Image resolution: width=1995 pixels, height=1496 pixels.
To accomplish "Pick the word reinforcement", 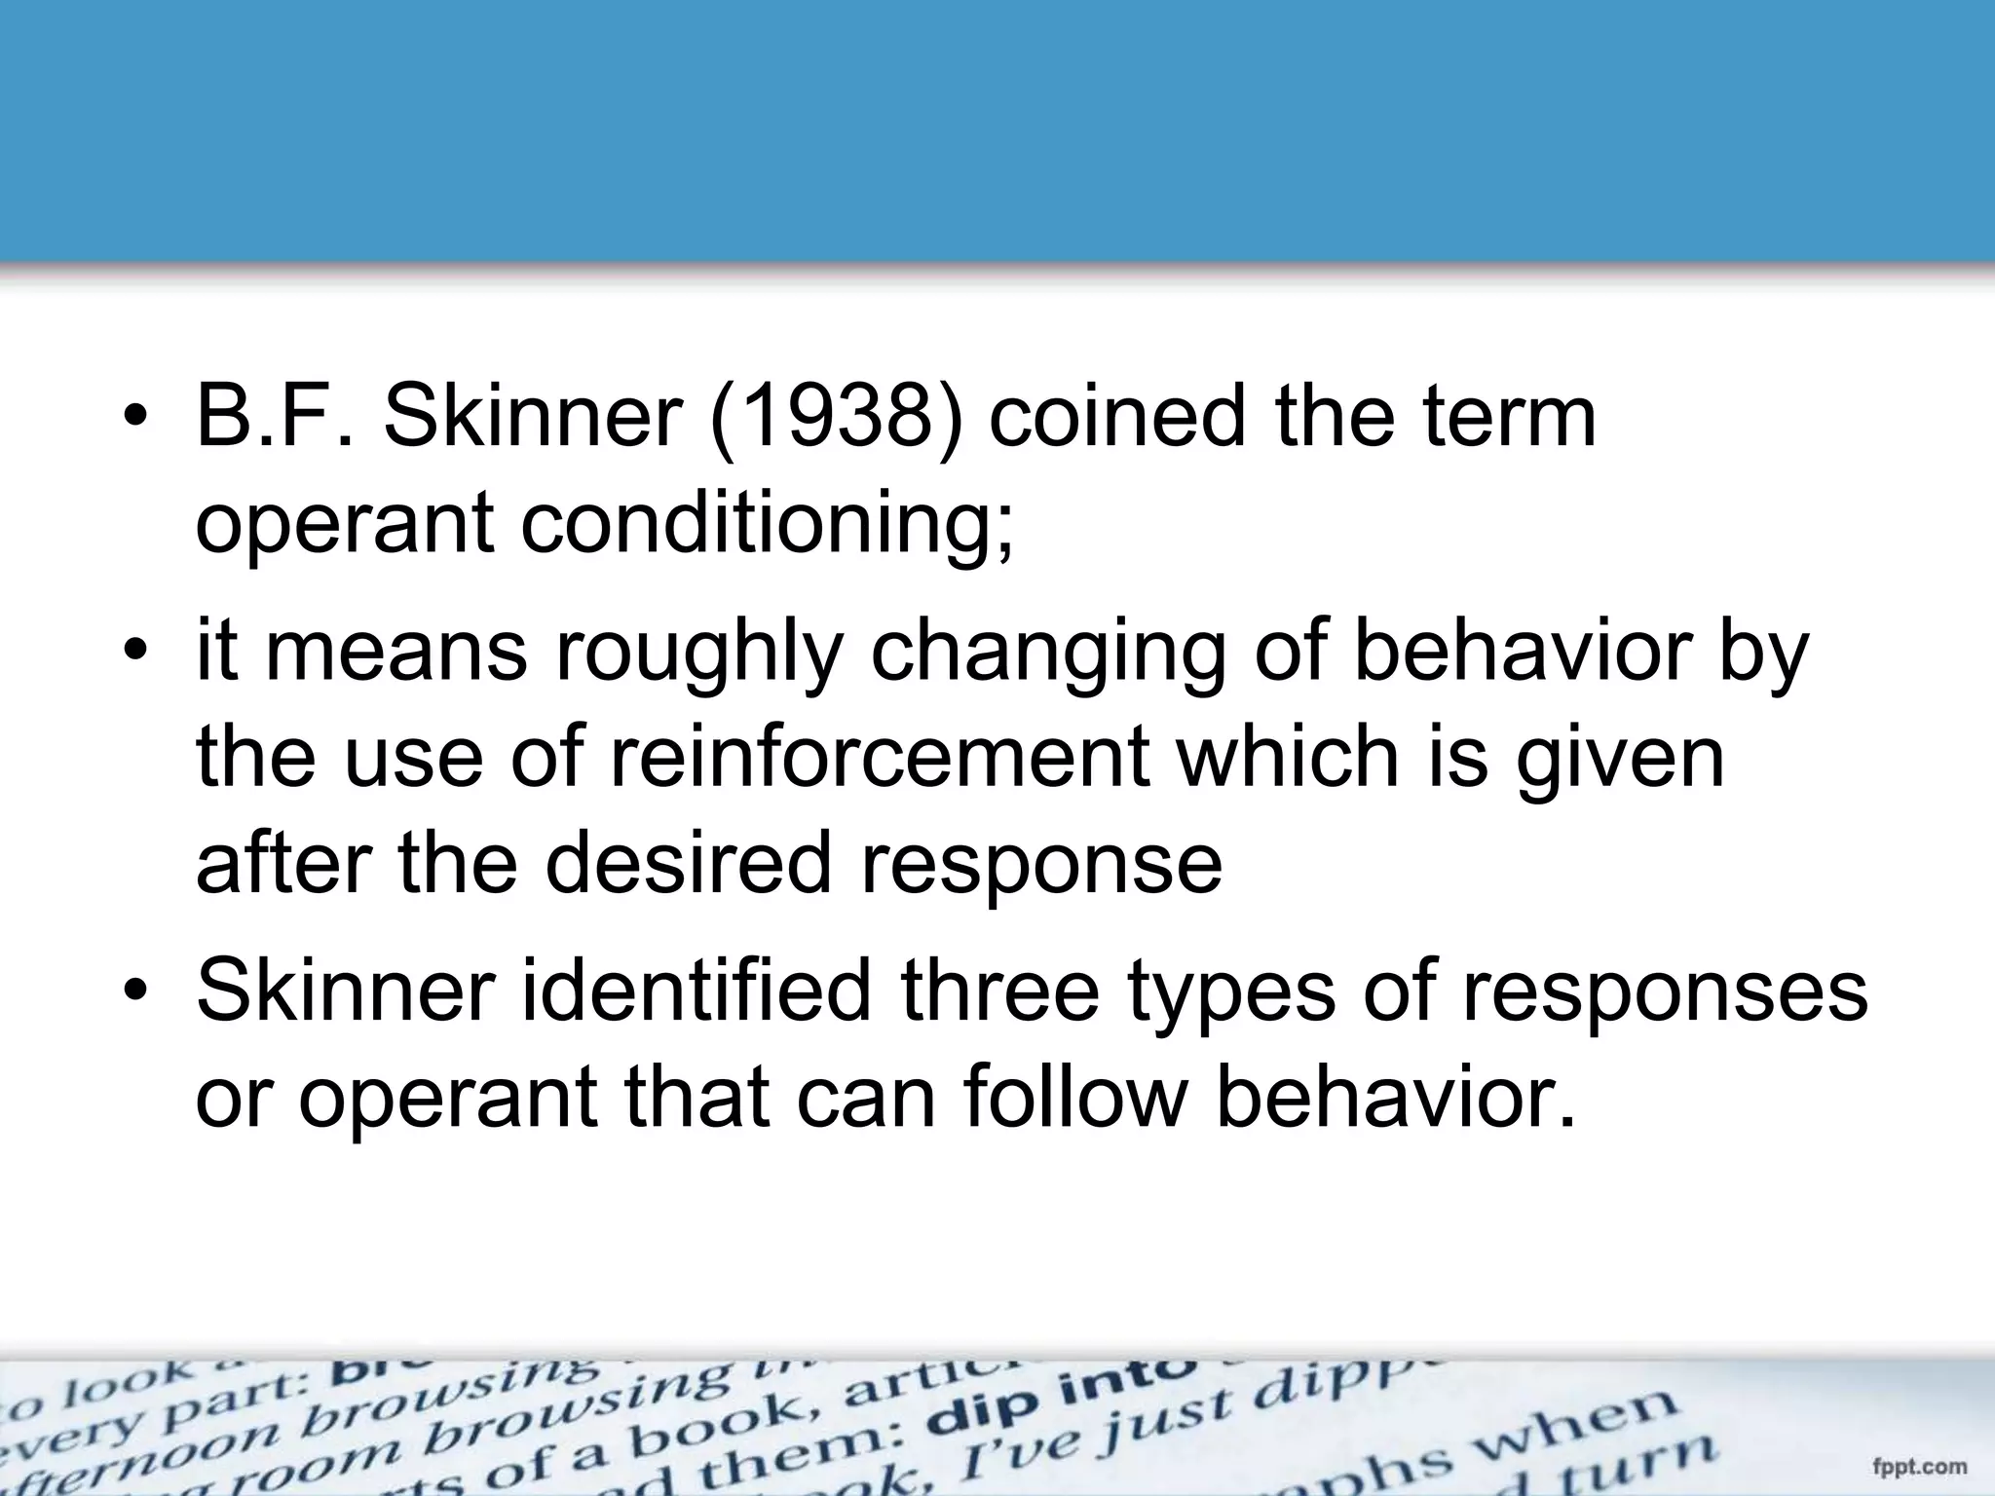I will [x=878, y=759].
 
